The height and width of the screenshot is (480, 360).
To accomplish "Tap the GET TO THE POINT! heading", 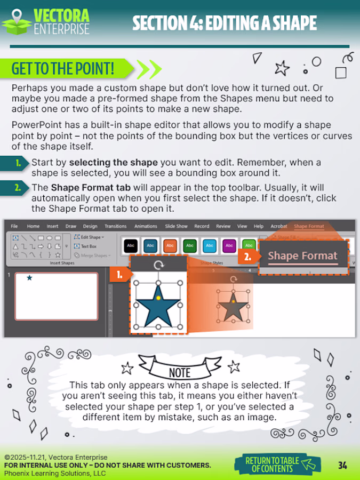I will [x=63, y=69].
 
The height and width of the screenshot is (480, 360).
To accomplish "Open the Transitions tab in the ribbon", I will [x=116, y=226].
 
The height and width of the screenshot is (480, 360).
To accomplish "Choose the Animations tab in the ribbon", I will [x=146, y=226].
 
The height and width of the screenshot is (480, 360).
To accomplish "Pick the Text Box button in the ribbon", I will [x=89, y=246].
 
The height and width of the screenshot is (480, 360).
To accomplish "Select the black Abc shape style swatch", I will [x=131, y=246].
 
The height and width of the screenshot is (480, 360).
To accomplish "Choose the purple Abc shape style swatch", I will [x=229, y=246].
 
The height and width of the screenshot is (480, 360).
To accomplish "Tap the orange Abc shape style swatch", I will [x=170, y=246].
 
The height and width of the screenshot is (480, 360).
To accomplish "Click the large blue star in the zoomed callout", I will [x=157, y=306].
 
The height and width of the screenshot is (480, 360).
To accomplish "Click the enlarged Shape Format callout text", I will [x=302, y=256].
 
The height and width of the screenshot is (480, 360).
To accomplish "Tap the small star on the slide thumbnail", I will [x=29, y=278].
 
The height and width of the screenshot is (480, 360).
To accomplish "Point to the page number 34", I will [x=342, y=466].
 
